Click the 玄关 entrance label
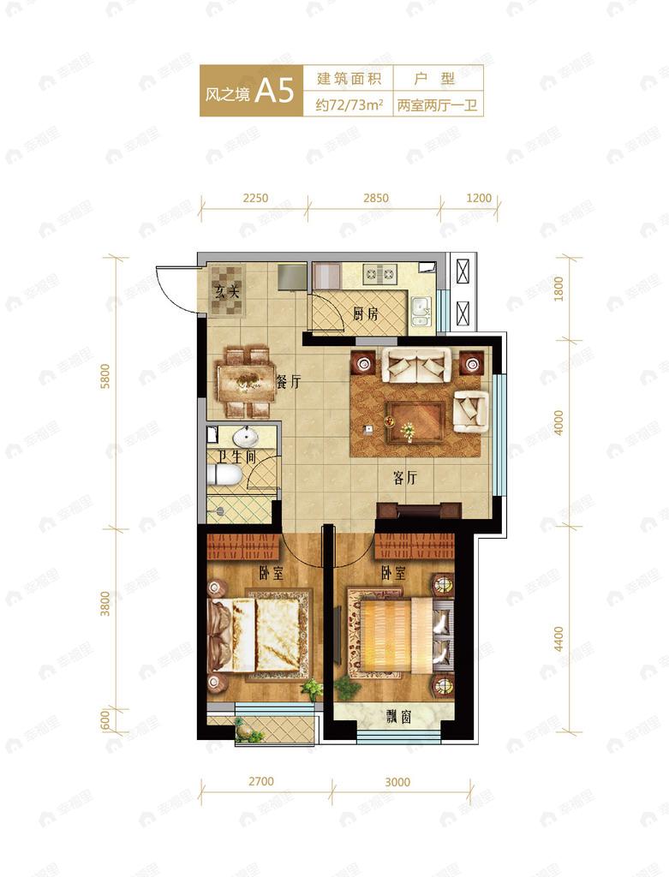(x=227, y=291)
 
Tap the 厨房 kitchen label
(x=365, y=313)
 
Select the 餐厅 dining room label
(x=289, y=382)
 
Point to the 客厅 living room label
(x=404, y=478)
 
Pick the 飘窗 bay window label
(x=399, y=717)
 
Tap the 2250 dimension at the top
(x=255, y=198)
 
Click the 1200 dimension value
(x=479, y=198)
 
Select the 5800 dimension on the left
(x=105, y=376)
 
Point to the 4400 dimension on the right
(x=558, y=639)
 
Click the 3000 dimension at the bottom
(x=397, y=782)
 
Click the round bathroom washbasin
(x=242, y=436)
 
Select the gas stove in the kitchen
(x=379, y=274)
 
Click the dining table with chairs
(x=247, y=383)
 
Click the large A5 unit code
(x=274, y=90)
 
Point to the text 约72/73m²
(x=349, y=105)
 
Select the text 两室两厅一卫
(x=438, y=105)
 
